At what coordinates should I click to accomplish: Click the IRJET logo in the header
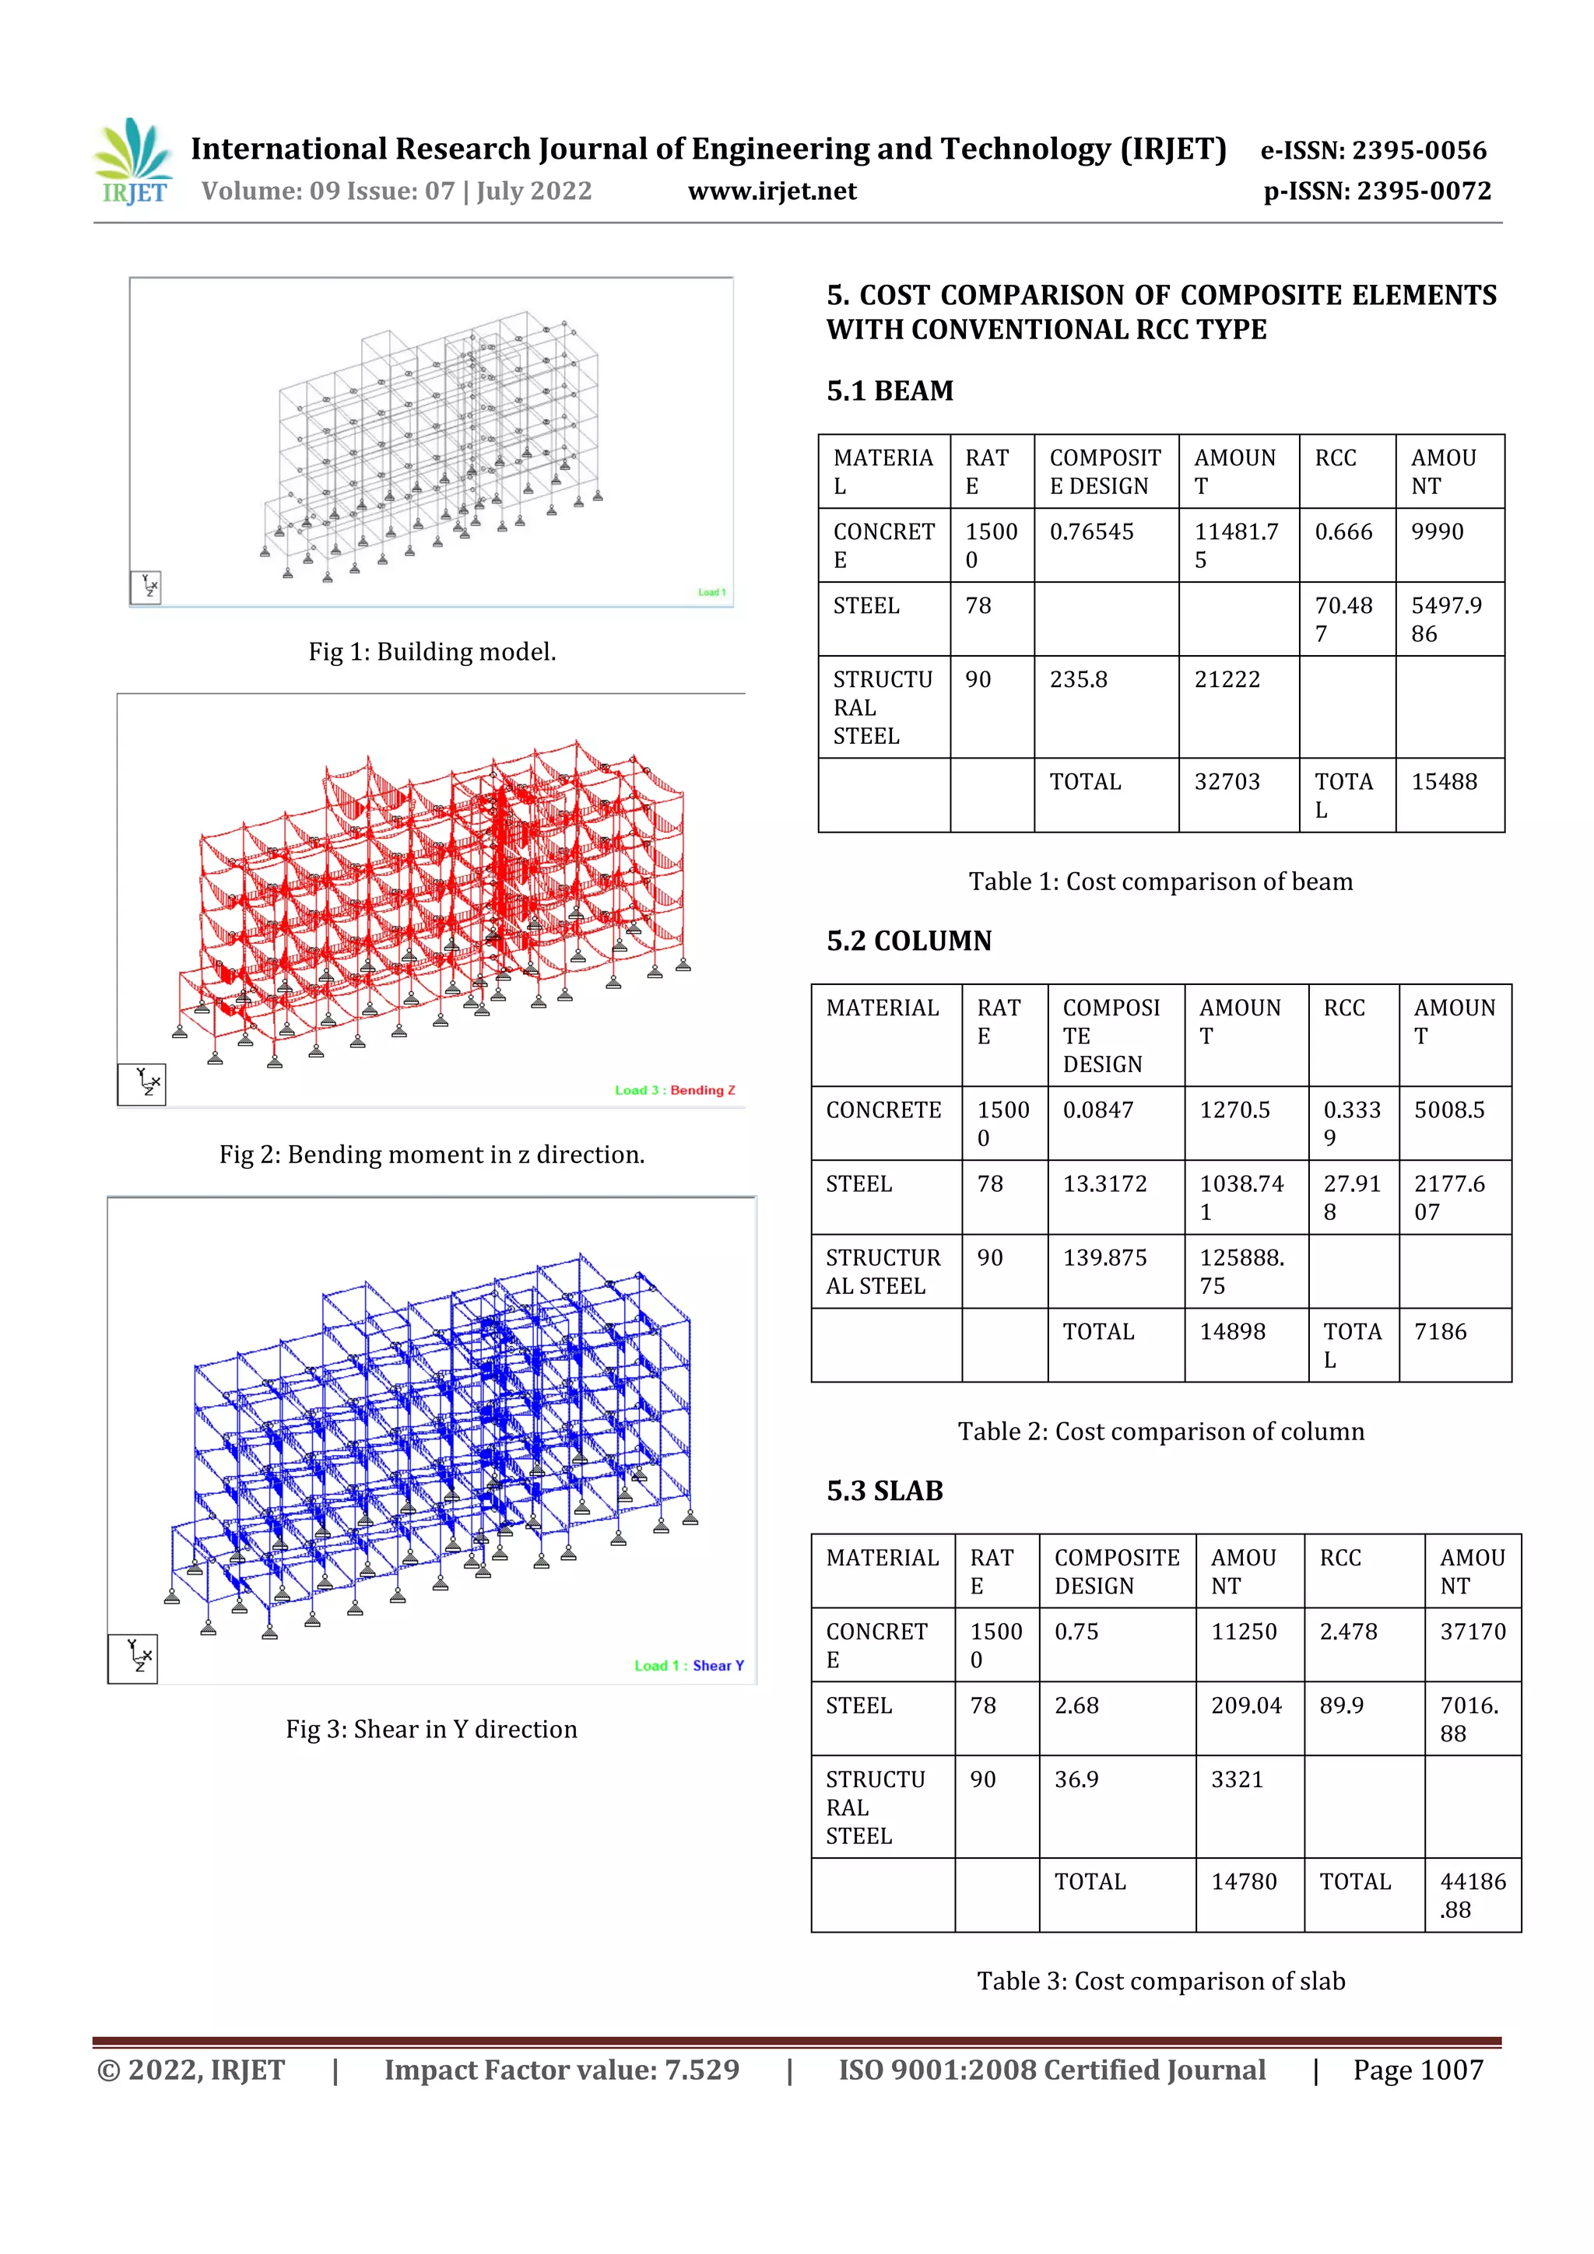134,161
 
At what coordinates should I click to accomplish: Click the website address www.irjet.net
772,191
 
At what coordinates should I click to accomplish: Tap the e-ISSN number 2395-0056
1419,150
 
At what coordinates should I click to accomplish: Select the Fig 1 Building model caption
432,652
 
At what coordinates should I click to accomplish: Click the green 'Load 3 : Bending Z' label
675,1090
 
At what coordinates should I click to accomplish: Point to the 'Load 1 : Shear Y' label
689,1666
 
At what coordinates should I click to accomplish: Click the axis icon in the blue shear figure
134,1658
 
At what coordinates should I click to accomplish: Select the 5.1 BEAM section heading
890,391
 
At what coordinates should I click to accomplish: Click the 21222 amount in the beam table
1227,679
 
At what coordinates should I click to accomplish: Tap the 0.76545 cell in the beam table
1091,532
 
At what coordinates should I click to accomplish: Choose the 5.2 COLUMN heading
908,941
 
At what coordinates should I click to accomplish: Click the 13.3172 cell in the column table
1104,1184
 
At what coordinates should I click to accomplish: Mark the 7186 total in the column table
1440,1331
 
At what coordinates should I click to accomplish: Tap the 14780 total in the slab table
1244,1881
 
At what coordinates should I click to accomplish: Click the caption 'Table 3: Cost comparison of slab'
1160,1981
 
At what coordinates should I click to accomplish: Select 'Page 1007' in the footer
1417,2070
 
